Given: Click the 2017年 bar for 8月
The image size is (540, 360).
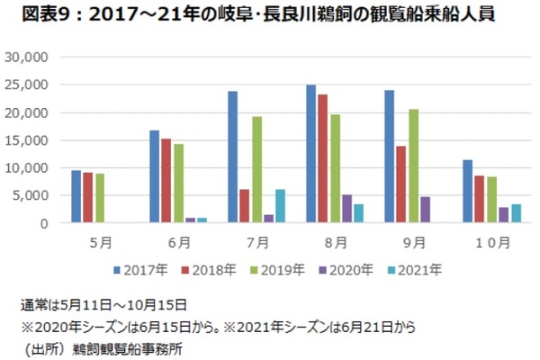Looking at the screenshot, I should (x=311, y=154).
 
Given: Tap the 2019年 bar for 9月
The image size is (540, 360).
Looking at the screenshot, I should (x=413, y=166).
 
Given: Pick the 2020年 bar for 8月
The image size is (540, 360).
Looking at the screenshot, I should (x=346, y=209).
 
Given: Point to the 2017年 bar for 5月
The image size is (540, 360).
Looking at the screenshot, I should (x=76, y=197).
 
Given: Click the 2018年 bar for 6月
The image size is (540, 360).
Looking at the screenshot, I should (x=166, y=181).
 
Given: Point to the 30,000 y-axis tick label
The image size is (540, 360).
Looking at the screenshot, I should (x=28, y=58).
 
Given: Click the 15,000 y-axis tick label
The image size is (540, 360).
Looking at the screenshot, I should (x=28, y=140).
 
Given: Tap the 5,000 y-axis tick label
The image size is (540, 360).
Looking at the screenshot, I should (x=31, y=196).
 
